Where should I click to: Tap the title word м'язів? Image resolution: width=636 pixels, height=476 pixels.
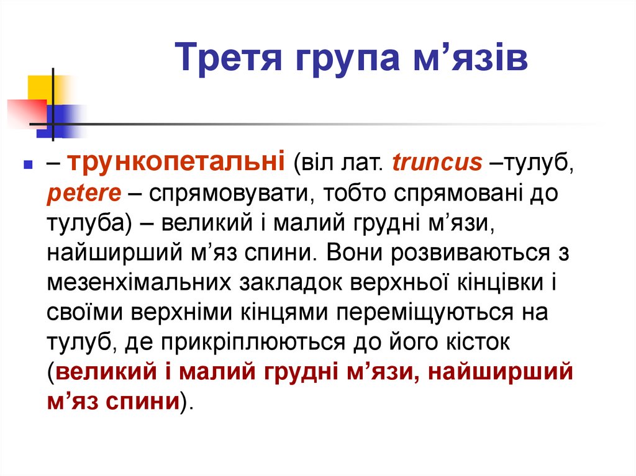coord(468,61)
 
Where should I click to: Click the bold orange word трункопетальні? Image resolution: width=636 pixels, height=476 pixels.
coord(176,163)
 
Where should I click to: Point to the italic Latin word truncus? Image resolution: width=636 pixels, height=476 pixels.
coord(437,163)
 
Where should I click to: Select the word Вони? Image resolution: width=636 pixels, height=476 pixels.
coord(350,254)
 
